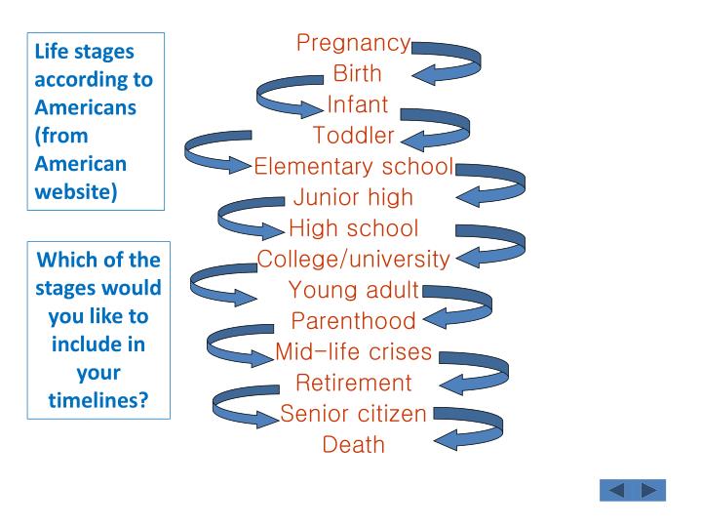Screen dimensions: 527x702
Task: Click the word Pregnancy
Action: click(353, 43)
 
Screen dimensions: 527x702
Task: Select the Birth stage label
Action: click(357, 73)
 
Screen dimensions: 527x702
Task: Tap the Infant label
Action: click(357, 104)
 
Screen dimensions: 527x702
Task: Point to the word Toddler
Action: click(353, 135)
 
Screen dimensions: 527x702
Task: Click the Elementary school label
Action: click(353, 166)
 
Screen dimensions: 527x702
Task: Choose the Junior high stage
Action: click(353, 197)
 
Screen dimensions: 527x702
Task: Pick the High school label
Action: click(353, 228)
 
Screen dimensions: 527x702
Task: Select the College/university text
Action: click(353, 260)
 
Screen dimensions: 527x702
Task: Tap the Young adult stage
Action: click(353, 290)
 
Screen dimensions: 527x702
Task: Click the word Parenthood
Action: click(353, 321)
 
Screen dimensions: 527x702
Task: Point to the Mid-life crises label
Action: click(353, 352)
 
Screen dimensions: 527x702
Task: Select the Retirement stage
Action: click(353, 383)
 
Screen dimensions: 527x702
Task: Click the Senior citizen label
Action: click(353, 414)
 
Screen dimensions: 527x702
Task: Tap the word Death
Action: click(353, 445)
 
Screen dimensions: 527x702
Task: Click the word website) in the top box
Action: click(76, 190)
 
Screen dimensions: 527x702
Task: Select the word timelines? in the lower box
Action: click(97, 399)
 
